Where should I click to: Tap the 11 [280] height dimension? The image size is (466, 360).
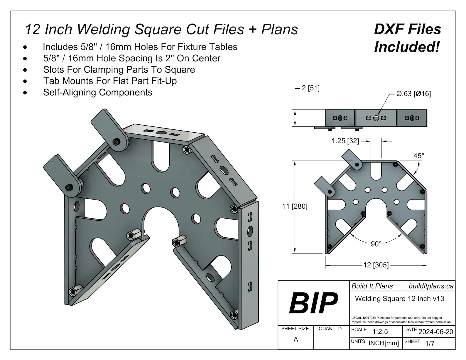point(295,206)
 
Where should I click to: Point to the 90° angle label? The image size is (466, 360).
point(376,244)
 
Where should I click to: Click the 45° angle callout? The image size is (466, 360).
point(418,156)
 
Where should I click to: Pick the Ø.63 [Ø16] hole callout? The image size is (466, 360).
point(413,94)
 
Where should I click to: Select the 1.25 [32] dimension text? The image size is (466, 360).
point(345,141)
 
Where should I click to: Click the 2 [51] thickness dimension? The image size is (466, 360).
point(310,88)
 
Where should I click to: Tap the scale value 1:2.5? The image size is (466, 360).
point(380,332)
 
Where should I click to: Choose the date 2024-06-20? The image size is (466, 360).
point(435,332)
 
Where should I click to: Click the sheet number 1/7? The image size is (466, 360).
point(430,343)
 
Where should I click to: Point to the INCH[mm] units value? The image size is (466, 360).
point(384,343)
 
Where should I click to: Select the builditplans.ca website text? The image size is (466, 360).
point(431,286)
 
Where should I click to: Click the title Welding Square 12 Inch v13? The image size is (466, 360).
point(399,299)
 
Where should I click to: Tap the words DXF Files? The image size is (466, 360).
point(407,29)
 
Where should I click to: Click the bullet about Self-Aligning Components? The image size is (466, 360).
point(98,92)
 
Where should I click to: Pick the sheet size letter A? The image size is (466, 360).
point(296,340)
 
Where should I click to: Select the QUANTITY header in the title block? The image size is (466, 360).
point(330,329)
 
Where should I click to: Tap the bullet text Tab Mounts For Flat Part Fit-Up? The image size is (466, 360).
point(110,81)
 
